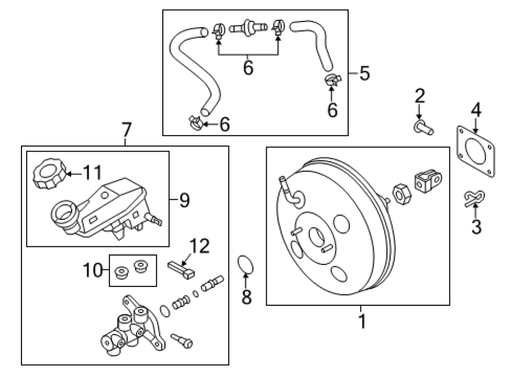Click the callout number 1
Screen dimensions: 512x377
(362, 321)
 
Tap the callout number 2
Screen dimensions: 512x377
(420, 96)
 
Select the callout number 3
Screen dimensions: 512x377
(476, 226)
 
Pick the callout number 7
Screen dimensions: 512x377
(126, 130)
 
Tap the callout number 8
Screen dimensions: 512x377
(247, 297)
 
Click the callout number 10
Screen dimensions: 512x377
(93, 270)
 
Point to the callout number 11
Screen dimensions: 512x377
(92, 172)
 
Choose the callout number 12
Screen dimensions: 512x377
(200, 246)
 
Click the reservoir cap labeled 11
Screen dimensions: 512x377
(49, 174)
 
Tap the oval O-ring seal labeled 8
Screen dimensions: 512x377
(245, 265)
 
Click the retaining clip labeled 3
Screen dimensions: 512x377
(474, 198)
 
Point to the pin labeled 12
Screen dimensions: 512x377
(181, 269)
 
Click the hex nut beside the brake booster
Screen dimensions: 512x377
(401, 194)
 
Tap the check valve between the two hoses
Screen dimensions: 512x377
(248, 27)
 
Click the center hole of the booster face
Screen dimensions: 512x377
(316, 237)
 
